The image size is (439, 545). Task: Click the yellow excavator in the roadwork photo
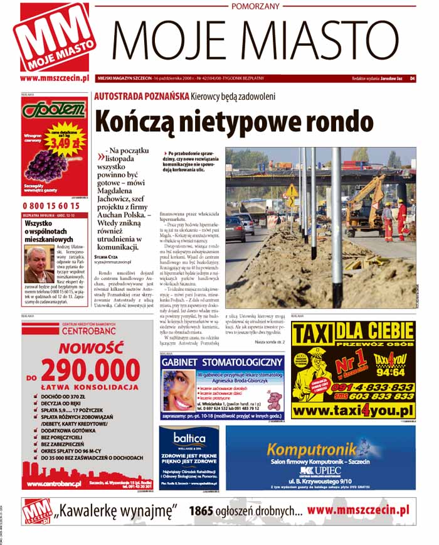click(x=370, y=201)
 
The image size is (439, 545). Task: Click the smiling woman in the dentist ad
click(x=179, y=391)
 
